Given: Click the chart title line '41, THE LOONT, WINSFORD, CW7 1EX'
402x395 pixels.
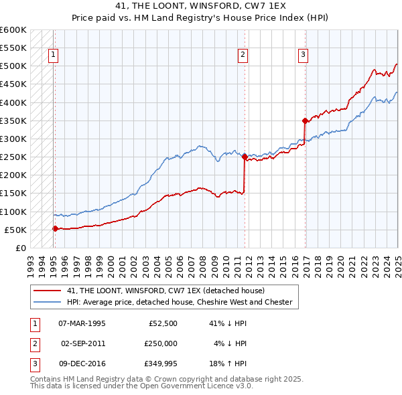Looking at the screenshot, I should (x=200, y=6).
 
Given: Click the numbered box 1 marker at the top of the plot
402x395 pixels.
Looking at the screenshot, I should (x=53, y=56).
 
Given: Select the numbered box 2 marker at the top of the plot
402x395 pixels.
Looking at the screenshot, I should (x=243, y=56).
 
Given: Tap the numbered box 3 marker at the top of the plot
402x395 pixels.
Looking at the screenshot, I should (x=303, y=56).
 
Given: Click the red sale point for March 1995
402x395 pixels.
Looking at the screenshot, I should (x=56, y=228).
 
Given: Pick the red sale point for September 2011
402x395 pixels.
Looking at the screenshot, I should (x=245, y=157).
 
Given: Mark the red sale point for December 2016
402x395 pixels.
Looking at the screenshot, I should (x=305, y=121).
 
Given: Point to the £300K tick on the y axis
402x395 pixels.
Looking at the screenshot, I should (x=13, y=139).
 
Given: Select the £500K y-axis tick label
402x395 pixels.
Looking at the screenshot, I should (x=13, y=66).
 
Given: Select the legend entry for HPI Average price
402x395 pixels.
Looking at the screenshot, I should (x=179, y=302).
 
